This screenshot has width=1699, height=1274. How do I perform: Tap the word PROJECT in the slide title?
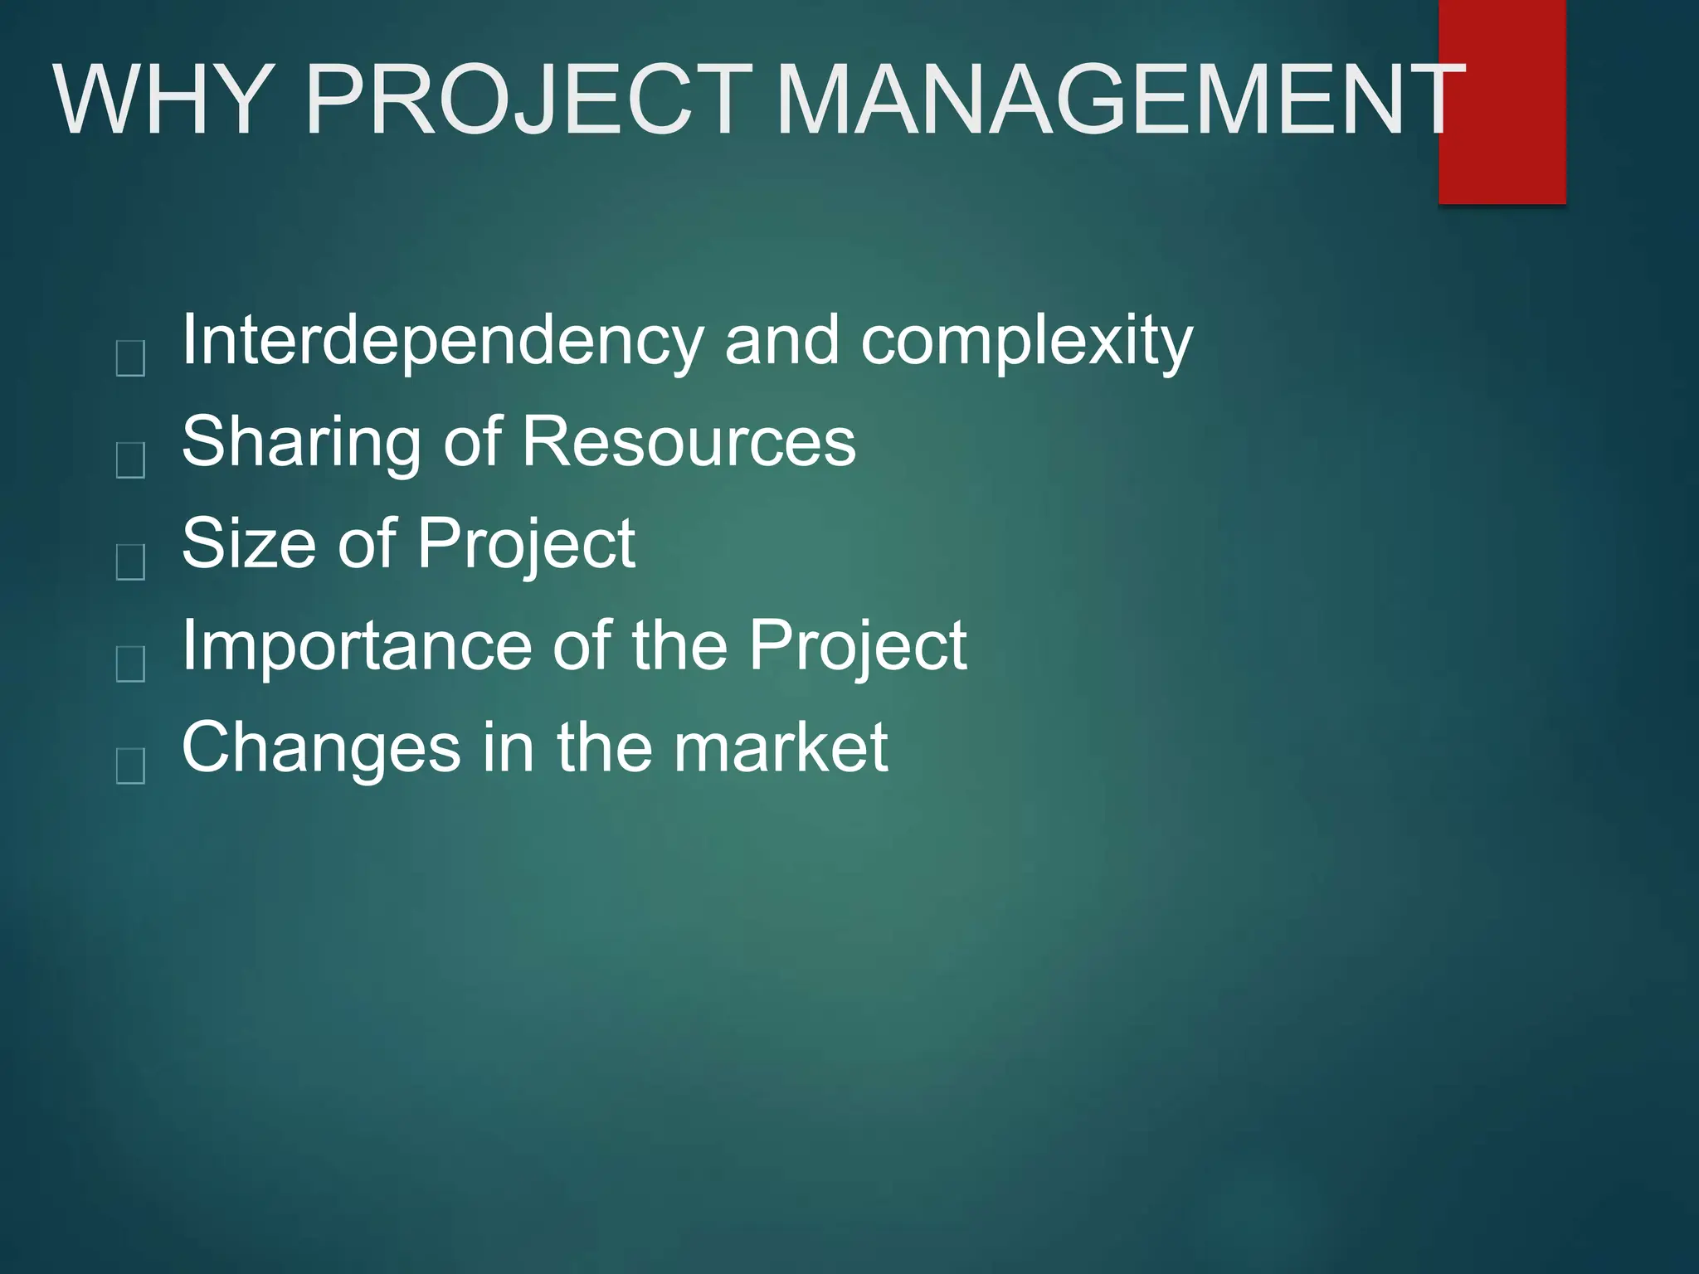tap(529, 100)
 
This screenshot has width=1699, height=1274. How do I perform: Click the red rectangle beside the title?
tap(1502, 149)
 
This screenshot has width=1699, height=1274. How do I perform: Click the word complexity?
tap(1027, 342)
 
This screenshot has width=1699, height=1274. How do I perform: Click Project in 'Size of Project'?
tap(526, 546)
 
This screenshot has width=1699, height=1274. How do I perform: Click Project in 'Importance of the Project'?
tap(858, 647)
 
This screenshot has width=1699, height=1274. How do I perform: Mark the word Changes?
tap(320, 748)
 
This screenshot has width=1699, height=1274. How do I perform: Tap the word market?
tap(780, 748)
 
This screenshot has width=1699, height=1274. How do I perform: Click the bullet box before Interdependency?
tap(131, 358)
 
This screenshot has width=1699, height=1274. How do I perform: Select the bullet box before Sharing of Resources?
tap(131, 460)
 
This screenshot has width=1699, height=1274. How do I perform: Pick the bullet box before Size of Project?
tap(131, 562)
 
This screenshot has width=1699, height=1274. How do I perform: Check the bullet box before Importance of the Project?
tap(131, 664)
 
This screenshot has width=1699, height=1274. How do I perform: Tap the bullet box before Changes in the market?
tap(131, 766)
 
